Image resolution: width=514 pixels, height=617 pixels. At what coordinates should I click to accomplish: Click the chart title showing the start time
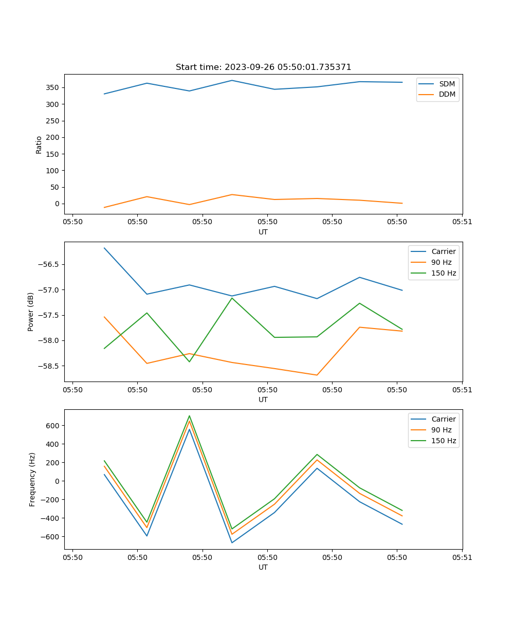[x=263, y=67]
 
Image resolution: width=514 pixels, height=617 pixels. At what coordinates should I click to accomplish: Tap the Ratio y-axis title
[x=39, y=144]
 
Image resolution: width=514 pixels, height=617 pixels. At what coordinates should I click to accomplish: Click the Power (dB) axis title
[x=31, y=312]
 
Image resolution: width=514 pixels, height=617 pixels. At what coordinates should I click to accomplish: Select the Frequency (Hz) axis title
[x=32, y=479]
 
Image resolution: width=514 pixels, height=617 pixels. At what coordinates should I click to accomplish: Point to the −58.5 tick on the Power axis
[x=49, y=366]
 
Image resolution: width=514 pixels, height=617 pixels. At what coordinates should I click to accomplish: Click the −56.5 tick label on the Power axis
[x=49, y=264]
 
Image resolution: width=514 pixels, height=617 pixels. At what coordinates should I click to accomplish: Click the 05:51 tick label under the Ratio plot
[x=462, y=222]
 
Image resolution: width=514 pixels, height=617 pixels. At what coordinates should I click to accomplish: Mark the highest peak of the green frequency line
[x=189, y=416]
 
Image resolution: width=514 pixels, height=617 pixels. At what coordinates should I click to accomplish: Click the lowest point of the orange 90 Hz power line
[x=317, y=375]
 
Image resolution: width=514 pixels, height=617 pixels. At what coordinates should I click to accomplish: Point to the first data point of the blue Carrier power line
[x=104, y=248]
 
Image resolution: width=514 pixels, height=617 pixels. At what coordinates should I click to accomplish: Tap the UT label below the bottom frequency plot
[x=263, y=567]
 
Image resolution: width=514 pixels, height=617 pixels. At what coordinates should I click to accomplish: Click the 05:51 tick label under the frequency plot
[x=462, y=557]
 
